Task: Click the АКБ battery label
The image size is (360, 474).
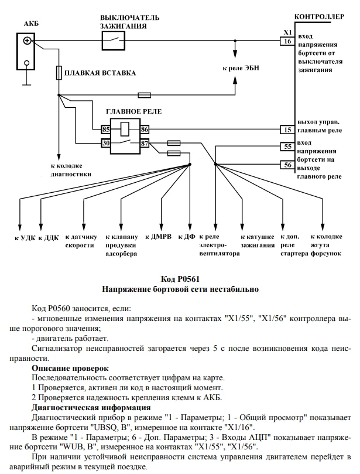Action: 30,24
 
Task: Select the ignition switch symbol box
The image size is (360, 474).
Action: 113,40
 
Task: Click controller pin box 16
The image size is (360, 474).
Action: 287,41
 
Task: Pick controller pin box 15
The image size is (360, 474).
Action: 287,129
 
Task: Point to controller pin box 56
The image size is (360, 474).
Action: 287,165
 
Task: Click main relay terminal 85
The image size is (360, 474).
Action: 106,129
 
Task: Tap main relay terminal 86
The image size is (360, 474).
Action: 145,129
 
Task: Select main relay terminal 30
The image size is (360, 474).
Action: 106,142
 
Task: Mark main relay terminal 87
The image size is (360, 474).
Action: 145,142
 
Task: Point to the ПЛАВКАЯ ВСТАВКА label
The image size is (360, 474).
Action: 100,73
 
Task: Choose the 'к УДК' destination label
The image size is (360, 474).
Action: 24,238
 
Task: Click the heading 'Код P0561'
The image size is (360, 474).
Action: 180,278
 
